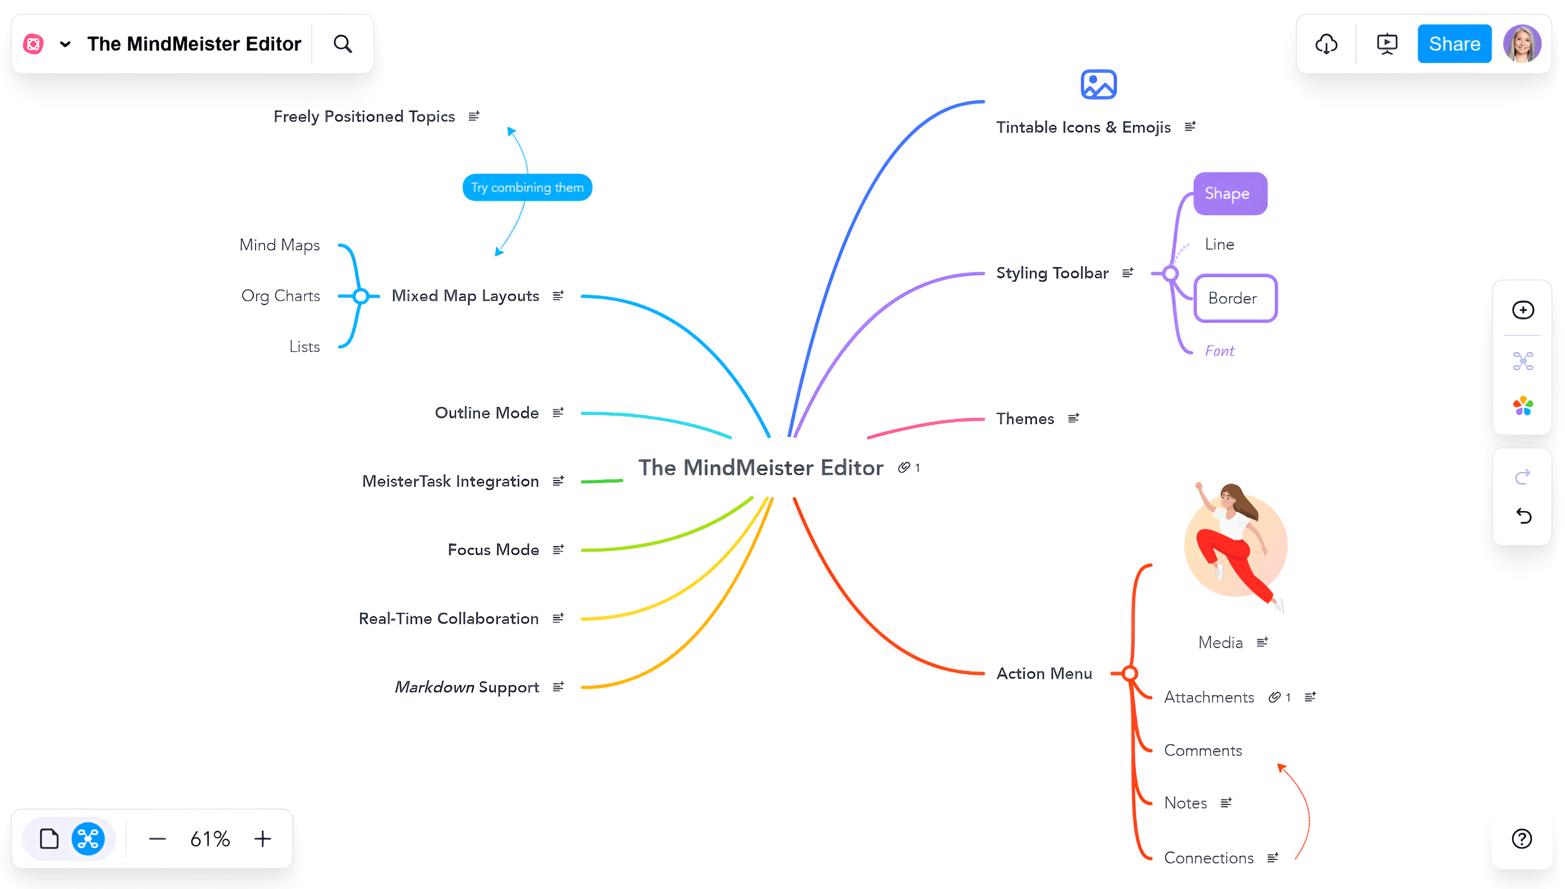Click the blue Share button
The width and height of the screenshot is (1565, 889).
[1453, 44]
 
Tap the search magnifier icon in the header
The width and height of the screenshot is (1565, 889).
[343, 44]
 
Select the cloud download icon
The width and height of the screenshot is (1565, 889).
[1326, 44]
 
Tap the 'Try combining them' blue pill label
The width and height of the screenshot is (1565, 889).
[527, 187]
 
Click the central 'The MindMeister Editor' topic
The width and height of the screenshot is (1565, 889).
[760, 468]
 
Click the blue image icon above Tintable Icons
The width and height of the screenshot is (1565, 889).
[1098, 84]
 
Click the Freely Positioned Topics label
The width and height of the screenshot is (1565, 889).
[364, 117]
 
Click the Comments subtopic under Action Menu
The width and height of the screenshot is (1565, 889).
[1203, 750]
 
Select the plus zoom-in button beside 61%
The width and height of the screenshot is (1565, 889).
[262, 839]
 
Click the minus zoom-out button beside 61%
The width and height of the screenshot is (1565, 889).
[157, 839]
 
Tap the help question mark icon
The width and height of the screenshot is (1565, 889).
[1522, 839]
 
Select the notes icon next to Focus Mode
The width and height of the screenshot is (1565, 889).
[558, 550]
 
